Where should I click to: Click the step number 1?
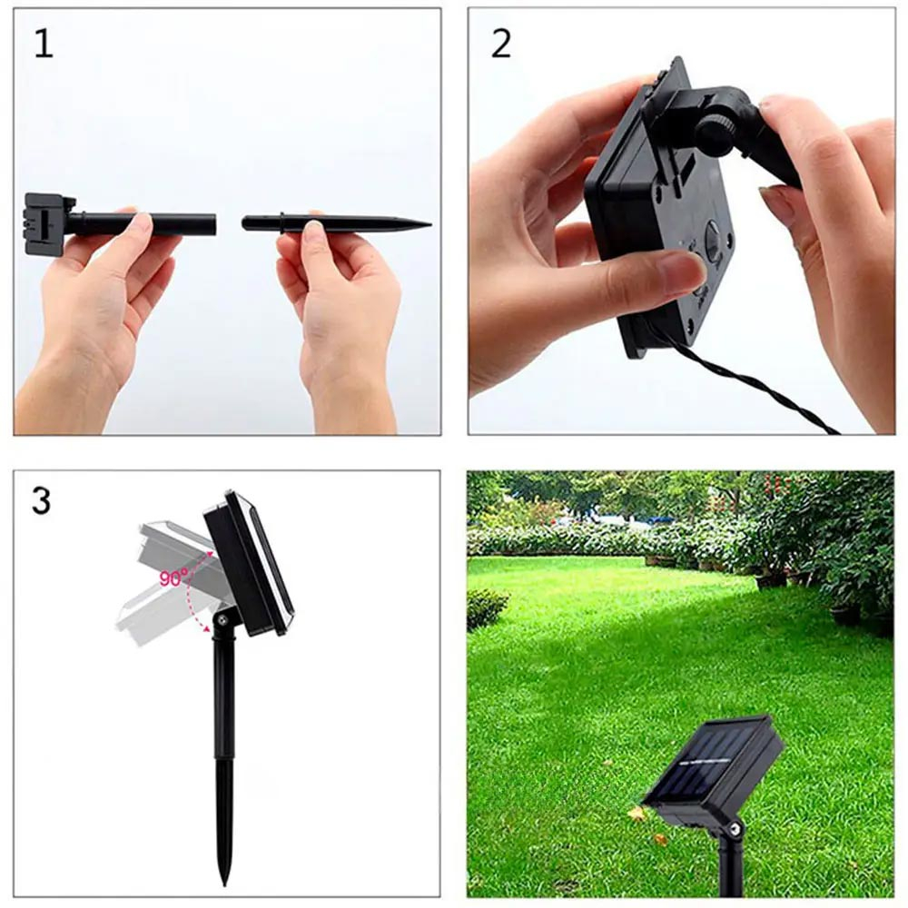[x=44, y=44]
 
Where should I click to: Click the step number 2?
[x=501, y=44]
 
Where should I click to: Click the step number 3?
[x=42, y=501]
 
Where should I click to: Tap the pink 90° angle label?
[x=173, y=577]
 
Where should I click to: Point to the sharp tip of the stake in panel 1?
[x=430, y=224]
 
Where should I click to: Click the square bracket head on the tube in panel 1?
[x=50, y=224]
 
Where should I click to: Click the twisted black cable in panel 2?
[x=753, y=381]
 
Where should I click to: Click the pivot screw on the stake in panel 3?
[x=221, y=621]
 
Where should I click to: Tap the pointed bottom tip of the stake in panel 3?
[x=225, y=883]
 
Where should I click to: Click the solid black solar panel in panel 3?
[x=249, y=563]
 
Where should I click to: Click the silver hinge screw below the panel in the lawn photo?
[x=735, y=829]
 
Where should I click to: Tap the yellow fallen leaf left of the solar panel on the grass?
[x=637, y=813]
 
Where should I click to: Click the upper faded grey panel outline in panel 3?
[x=173, y=544]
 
